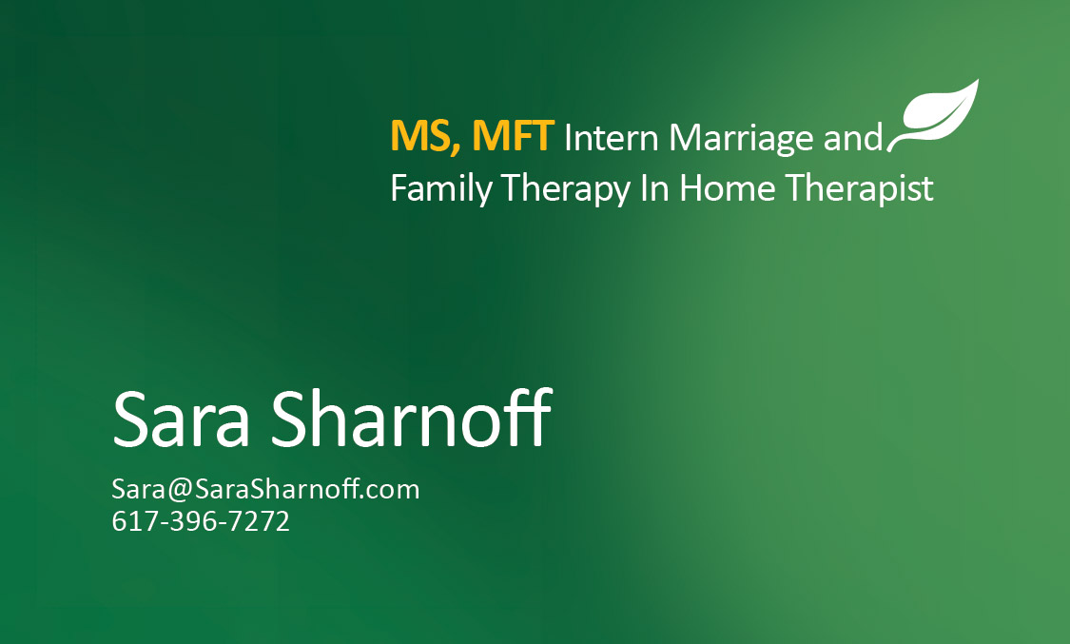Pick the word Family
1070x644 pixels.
[441, 189]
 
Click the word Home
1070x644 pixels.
[728, 188]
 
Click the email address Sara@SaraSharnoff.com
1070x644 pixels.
[265, 490]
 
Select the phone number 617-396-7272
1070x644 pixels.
[201, 521]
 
